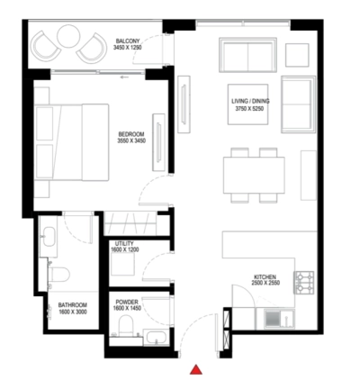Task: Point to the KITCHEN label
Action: tap(264, 277)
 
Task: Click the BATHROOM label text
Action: tap(73, 305)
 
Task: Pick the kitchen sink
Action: tap(274, 318)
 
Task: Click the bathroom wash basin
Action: tap(49, 238)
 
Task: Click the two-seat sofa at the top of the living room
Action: tap(247, 56)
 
